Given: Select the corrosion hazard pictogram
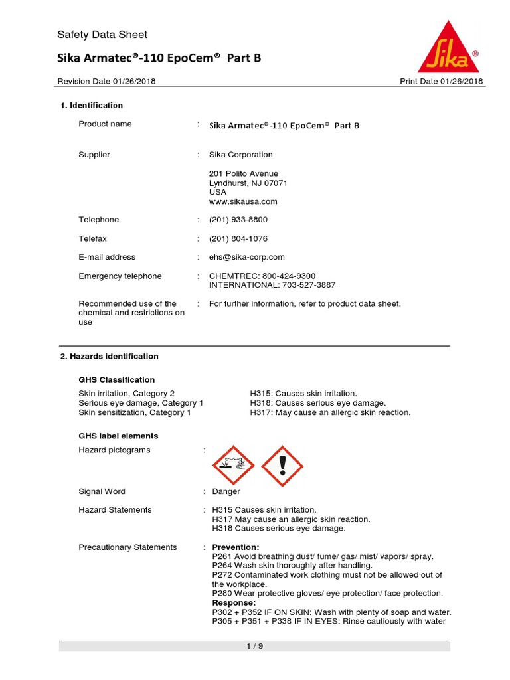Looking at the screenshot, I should pyautogui.click(x=233, y=465).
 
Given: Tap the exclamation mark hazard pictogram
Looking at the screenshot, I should pyautogui.click(x=282, y=465).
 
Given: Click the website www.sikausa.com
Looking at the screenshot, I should pyautogui.click(x=243, y=201).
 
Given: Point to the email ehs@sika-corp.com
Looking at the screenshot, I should pyautogui.click(x=246, y=257).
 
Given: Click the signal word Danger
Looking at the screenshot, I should pyautogui.click(x=226, y=491).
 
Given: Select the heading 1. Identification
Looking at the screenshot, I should pyautogui.click(x=92, y=105).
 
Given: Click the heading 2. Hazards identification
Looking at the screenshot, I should pyautogui.click(x=110, y=356).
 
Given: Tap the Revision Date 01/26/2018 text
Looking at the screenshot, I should pyautogui.click(x=107, y=82).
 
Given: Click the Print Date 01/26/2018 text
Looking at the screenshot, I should pyautogui.click(x=441, y=82).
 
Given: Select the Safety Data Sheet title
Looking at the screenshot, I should pyautogui.click(x=102, y=35).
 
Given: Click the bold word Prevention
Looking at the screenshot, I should pyautogui.click(x=236, y=547).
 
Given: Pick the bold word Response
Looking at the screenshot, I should pyautogui.click(x=234, y=603).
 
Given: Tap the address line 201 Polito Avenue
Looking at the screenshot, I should pyautogui.click(x=244, y=173).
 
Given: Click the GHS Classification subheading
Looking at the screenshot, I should pyautogui.click(x=117, y=380).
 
